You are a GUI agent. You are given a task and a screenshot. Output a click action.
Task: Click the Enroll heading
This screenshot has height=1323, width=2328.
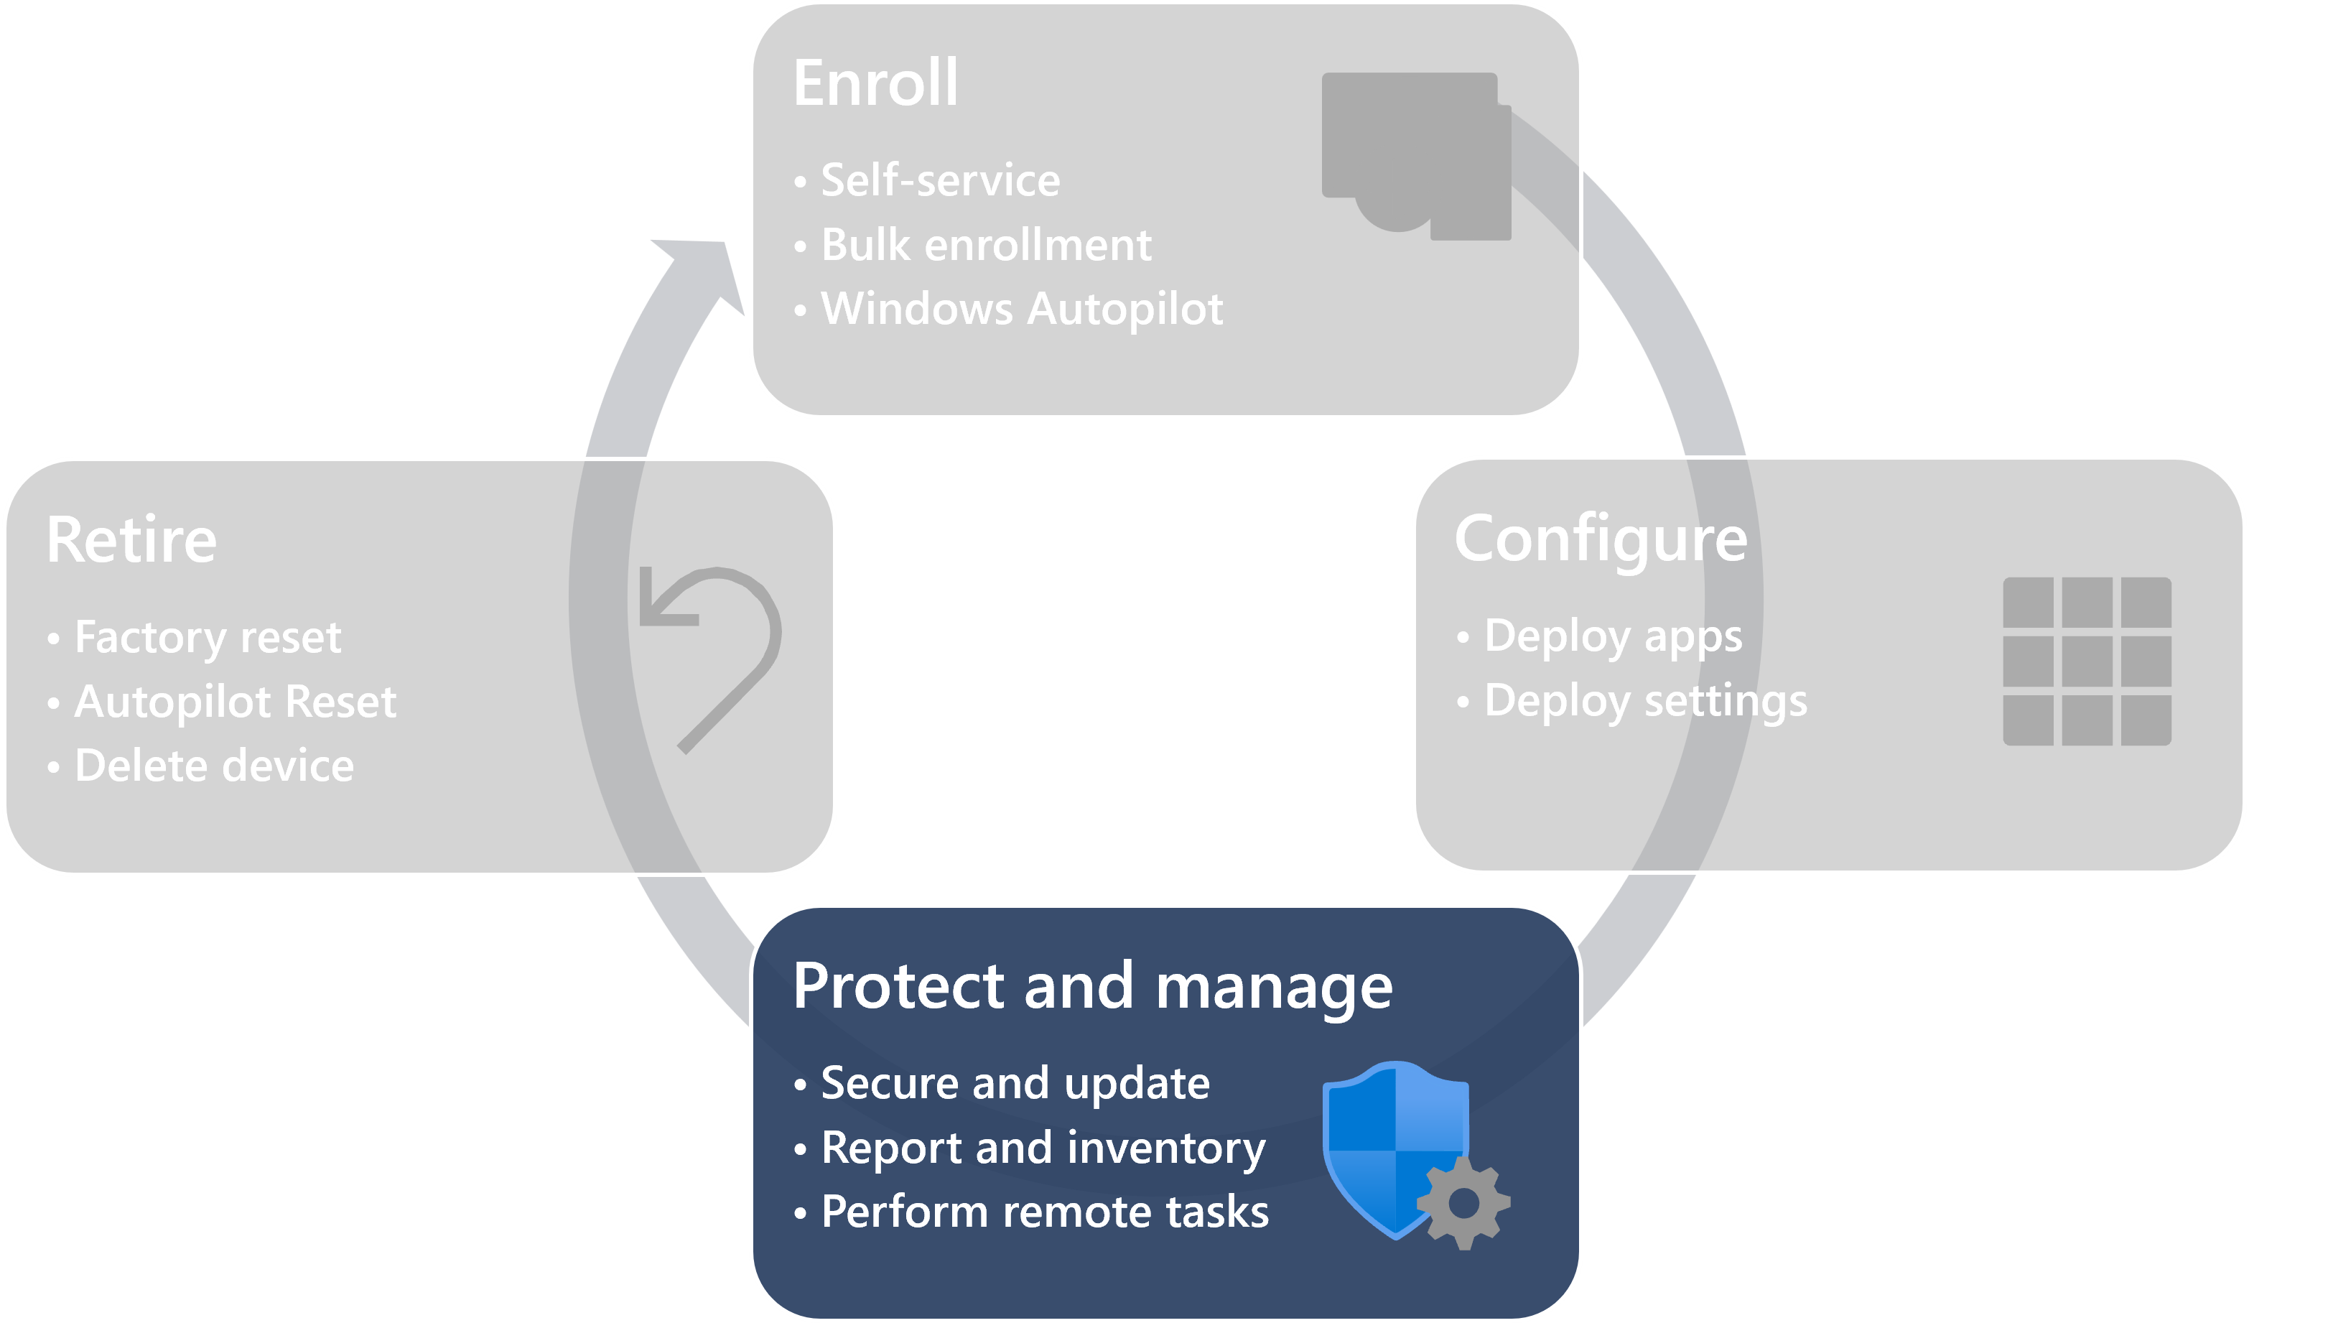875,83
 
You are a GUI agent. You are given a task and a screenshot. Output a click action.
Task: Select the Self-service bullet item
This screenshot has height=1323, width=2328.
940,180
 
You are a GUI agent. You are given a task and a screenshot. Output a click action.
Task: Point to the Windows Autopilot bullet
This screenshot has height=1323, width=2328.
1021,309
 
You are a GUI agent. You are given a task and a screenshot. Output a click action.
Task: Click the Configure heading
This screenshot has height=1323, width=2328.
1601,539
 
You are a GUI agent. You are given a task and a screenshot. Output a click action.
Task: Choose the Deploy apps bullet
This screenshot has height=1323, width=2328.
1612,636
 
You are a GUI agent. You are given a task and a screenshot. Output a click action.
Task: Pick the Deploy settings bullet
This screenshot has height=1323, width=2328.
1645,700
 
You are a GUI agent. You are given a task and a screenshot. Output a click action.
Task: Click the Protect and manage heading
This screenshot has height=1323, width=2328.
1091,986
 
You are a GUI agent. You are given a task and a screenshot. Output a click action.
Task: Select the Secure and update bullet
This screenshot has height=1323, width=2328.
1015,1083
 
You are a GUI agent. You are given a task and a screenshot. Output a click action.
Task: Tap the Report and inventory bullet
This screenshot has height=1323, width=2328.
1043,1148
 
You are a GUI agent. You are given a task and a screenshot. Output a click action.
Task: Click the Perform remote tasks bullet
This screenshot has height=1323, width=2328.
1045,1212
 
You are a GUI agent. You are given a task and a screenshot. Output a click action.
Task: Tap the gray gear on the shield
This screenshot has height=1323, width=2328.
1463,1203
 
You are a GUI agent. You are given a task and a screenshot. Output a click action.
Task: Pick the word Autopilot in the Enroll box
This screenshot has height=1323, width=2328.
1125,309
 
